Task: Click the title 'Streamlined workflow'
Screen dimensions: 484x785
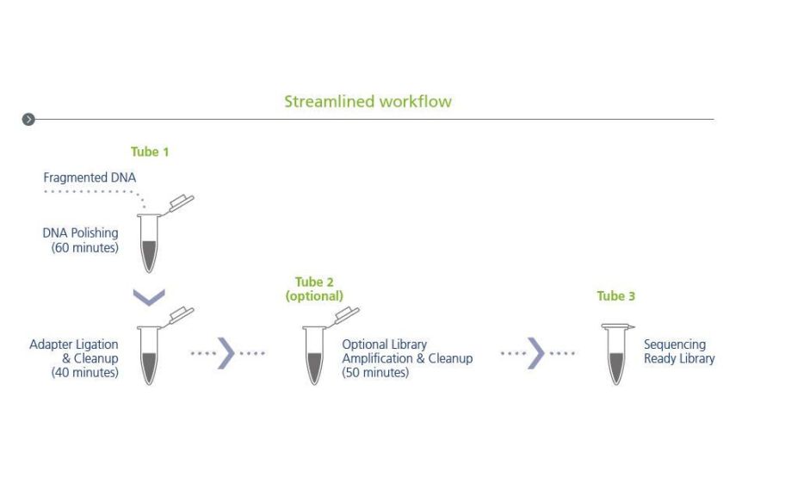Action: [368, 102]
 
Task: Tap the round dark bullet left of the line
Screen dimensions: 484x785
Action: [29, 119]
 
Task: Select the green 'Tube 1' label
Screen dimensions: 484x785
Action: [150, 152]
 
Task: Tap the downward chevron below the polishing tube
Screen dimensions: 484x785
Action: [149, 296]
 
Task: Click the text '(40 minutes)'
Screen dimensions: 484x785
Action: [85, 373]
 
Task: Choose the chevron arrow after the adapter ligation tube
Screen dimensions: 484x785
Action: [226, 353]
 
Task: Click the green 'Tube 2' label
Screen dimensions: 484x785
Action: [314, 282]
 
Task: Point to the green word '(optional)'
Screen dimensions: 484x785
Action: [314, 295]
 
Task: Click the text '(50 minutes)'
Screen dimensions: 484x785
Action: [375, 373]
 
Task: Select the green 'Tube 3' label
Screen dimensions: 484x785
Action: [615, 296]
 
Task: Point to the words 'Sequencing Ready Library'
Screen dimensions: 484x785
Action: [679, 351]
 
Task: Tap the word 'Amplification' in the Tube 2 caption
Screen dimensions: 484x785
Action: [379, 358]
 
